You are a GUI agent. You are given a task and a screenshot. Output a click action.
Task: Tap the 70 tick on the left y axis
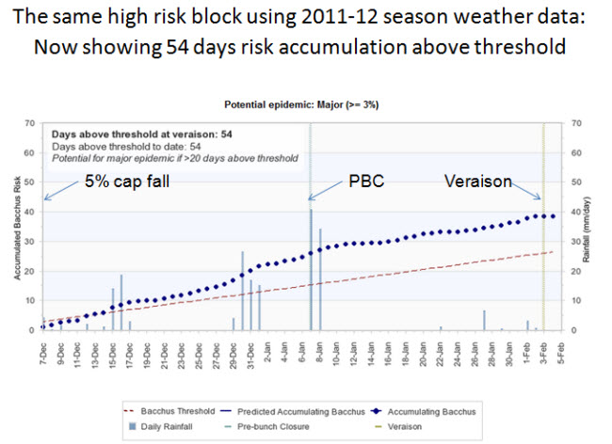31,122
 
